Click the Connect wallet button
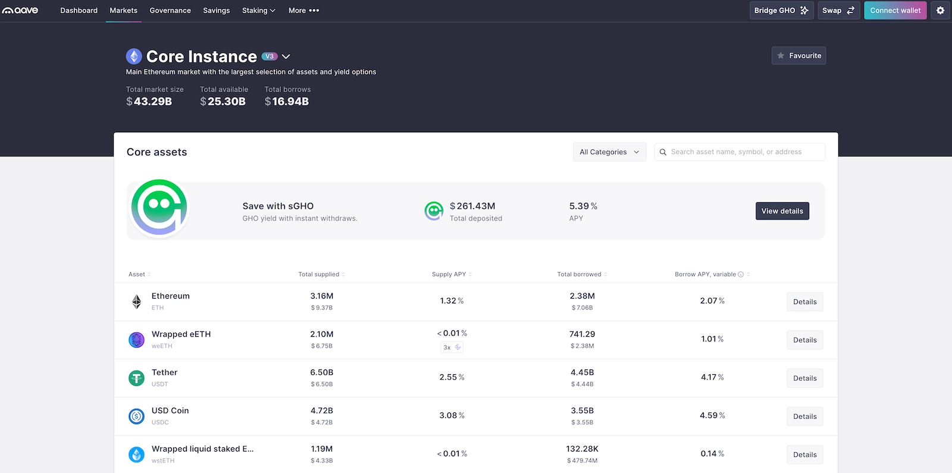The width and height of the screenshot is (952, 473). coord(895,10)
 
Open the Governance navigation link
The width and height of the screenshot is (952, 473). coord(170,10)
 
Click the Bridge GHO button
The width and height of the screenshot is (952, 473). coord(781,10)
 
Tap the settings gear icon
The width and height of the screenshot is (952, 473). coord(940,10)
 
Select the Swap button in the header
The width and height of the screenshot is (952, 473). coord(838,10)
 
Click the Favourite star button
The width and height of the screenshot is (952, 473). coord(798,55)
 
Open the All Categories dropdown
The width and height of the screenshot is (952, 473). coord(609,152)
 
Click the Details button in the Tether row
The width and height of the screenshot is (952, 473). coord(804,378)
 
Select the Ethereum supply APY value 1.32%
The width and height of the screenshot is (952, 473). coord(452,301)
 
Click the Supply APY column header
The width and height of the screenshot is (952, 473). coord(449,274)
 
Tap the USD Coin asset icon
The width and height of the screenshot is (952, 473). coord(137,416)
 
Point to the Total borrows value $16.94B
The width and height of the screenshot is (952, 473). coord(287,102)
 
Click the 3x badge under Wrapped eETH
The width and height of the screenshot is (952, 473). coord(452,347)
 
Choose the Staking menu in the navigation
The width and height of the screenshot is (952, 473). coord(258,10)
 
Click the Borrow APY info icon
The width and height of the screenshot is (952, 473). coord(741,274)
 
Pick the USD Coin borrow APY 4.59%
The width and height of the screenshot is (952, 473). coord(712,415)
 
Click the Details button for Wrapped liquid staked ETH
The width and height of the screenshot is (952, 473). coord(804,455)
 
